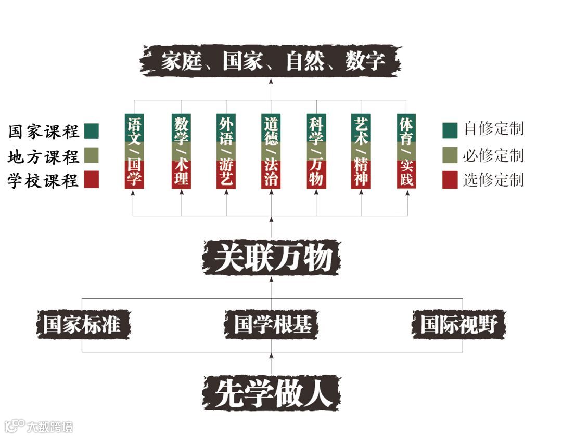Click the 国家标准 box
pyautogui.click(x=82, y=325)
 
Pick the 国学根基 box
pyautogui.click(x=271, y=325)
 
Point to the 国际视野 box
pyautogui.click(x=458, y=325)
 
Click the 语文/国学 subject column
pyautogui.click(x=134, y=151)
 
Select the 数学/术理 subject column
pyautogui.click(x=181, y=151)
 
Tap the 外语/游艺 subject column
pyautogui.click(x=226, y=151)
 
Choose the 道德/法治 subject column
pyautogui.click(x=271, y=151)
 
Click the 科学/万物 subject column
pyautogui.click(x=316, y=151)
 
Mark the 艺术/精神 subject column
pyautogui.click(x=361, y=151)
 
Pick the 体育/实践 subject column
pyautogui.click(x=406, y=151)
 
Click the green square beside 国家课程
pyautogui.click(x=91, y=131)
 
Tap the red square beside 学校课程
pyautogui.click(x=91, y=180)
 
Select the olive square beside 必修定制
pyautogui.click(x=450, y=155)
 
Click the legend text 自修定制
pyautogui.click(x=493, y=129)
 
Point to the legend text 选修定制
pyautogui.click(x=493, y=180)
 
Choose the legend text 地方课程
pyautogui.click(x=44, y=156)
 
